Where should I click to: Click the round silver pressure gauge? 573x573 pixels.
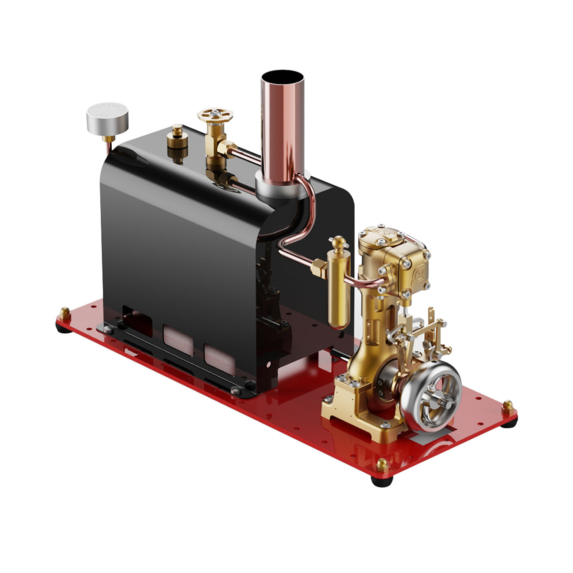point(108,117)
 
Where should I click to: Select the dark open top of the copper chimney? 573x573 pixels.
point(283,77)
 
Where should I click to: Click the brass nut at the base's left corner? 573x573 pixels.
point(64,314)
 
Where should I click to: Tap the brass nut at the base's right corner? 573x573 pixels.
point(508,407)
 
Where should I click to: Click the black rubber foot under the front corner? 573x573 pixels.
point(382,480)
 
